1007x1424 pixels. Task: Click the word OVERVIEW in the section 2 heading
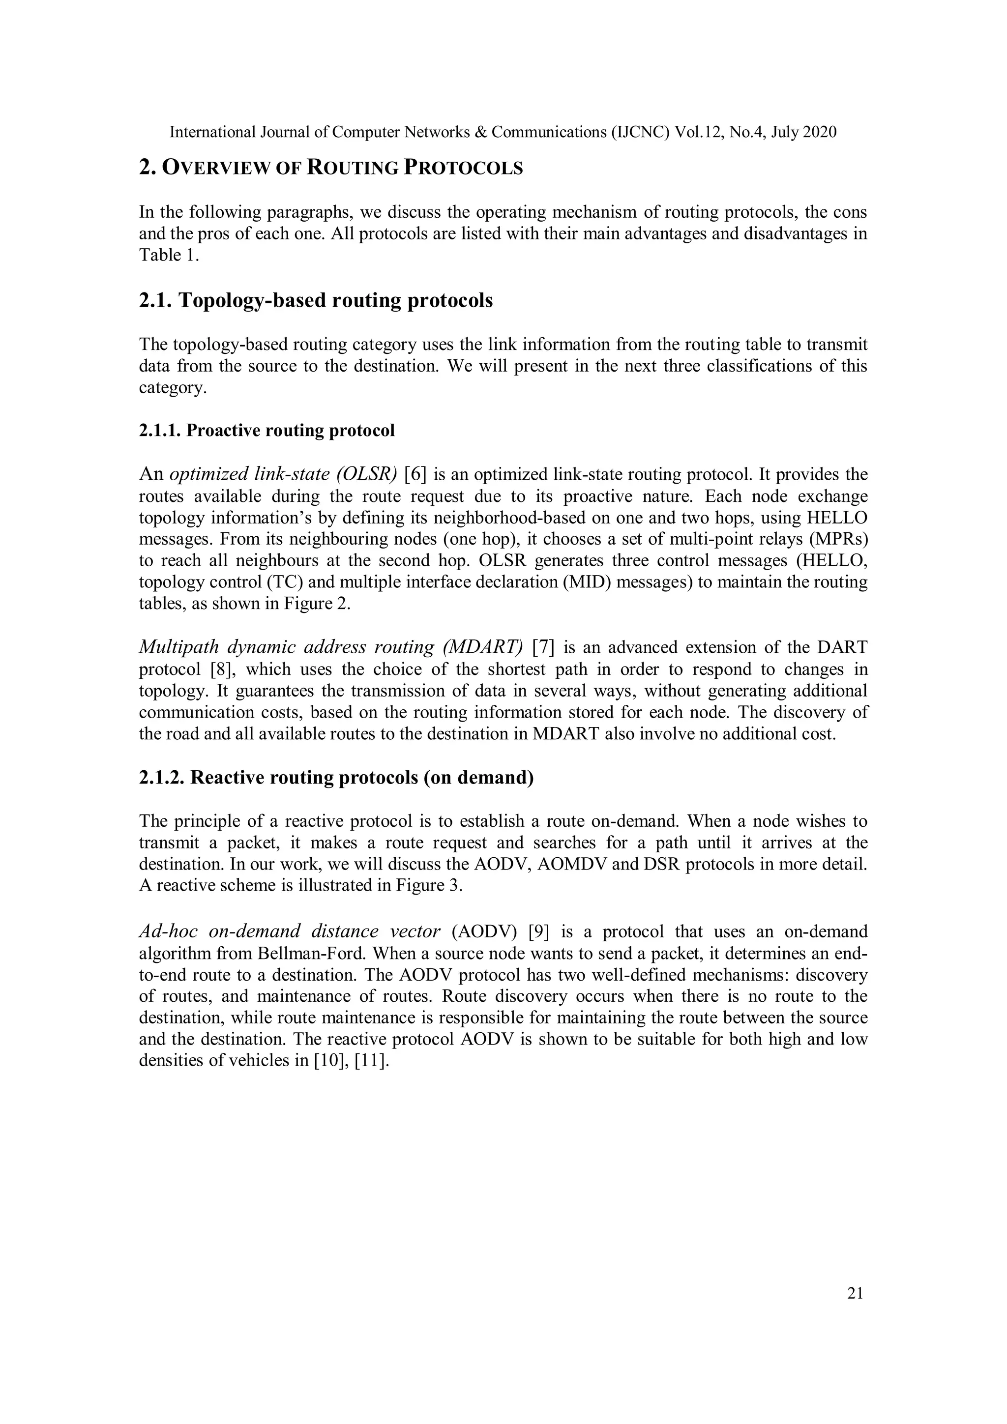coord(216,168)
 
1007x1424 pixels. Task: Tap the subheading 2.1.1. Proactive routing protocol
coord(267,431)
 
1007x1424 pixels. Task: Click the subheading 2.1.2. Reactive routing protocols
coord(336,777)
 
